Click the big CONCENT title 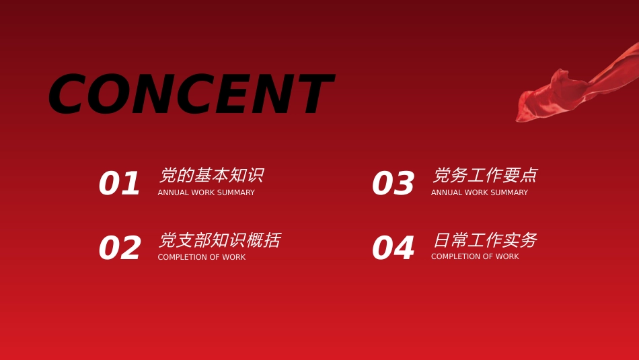(x=192, y=94)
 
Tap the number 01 (x=120, y=183)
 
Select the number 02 (x=120, y=248)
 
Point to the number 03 (x=393, y=183)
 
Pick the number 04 (x=393, y=248)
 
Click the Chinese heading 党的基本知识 (x=211, y=176)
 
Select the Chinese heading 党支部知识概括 (x=219, y=240)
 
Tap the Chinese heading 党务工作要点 (x=485, y=176)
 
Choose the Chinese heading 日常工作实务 (x=485, y=240)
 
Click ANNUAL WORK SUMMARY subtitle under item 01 (x=206, y=192)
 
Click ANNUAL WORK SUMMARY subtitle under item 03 (x=480, y=192)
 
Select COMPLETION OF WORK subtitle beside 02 (x=202, y=257)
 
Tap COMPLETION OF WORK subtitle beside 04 (x=475, y=256)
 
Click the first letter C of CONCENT (x=67, y=94)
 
